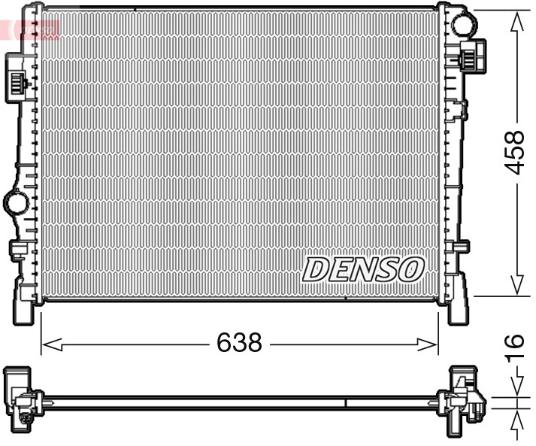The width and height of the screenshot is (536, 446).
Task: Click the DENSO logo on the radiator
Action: (364, 269)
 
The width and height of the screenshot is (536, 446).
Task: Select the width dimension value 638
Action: (239, 343)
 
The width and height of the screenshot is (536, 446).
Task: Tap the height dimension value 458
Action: (514, 153)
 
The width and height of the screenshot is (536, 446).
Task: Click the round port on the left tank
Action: (14, 202)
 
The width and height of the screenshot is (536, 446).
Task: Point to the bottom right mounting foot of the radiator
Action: (458, 308)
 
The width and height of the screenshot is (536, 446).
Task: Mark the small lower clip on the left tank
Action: (16, 250)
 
